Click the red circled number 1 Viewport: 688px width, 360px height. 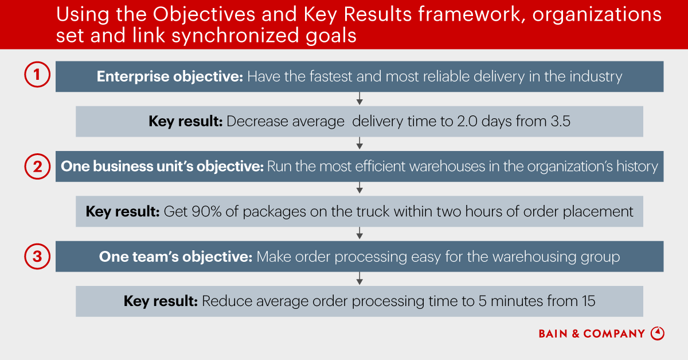[x=37, y=75]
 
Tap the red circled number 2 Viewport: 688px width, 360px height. [x=37, y=167]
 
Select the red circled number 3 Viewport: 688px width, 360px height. [x=37, y=257]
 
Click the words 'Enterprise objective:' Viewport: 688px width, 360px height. [x=170, y=76]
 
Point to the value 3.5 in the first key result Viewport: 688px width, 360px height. [x=561, y=121]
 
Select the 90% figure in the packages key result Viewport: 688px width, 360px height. [x=206, y=211]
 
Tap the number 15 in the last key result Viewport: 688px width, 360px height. [x=588, y=301]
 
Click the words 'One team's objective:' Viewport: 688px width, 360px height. [x=175, y=257]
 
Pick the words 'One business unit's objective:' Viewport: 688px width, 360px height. [x=162, y=167]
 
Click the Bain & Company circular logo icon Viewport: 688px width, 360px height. [x=657, y=333]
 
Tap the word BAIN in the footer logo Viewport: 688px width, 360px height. [x=553, y=334]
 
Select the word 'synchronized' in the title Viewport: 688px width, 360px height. [x=235, y=36]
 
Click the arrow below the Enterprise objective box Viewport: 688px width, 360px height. [x=359, y=98]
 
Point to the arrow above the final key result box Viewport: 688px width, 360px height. [x=359, y=278]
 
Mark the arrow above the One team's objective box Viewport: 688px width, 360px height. [x=359, y=233]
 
